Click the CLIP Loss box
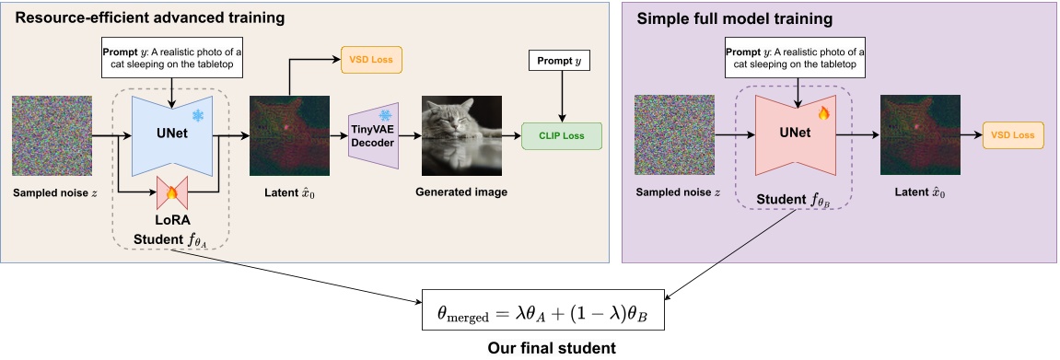561,136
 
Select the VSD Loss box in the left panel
372,59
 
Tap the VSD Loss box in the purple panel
1013,136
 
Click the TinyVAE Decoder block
371,136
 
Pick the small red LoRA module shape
171,192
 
